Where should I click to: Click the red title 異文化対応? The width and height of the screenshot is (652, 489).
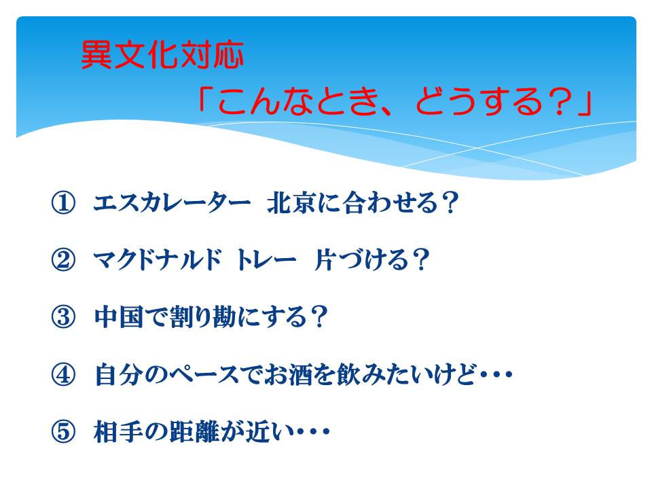pyautogui.click(x=162, y=55)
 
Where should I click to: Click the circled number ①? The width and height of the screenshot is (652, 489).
pyautogui.click(x=63, y=203)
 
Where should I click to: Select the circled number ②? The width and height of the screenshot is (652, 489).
pyautogui.click(x=63, y=260)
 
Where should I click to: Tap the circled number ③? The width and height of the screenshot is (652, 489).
pyautogui.click(x=63, y=317)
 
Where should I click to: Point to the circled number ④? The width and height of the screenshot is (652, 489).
pyautogui.click(x=63, y=375)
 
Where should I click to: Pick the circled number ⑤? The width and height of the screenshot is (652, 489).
pyautogui.click(x=63, y=432)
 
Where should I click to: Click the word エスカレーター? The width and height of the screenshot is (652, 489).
pyautogui.click(x=172, y=203)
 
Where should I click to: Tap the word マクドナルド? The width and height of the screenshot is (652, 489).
pyautogui.click(x=157, y=260)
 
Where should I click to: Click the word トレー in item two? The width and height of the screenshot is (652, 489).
pyautogui.click(x=266, y=260)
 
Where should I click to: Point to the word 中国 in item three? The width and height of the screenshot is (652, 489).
pyautogui.click(x=118, y=317)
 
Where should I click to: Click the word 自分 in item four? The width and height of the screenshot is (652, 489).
pyautogui.click(x=118, y=375)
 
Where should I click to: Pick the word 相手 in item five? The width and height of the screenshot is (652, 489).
pyautogui.click(x=118, y=432)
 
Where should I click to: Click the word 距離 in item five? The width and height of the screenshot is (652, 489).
pyautogui.click(x=194, y=432)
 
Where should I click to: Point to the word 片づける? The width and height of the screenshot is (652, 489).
pyautogui.click(x=361, y=260)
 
